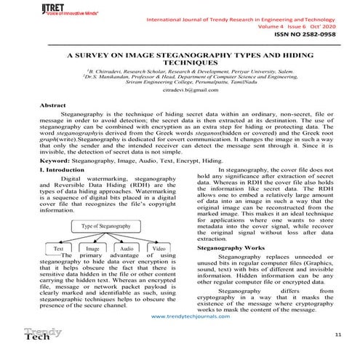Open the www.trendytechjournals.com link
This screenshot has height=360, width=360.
point(180,318)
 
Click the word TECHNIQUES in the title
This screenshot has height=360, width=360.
point(180,63)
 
